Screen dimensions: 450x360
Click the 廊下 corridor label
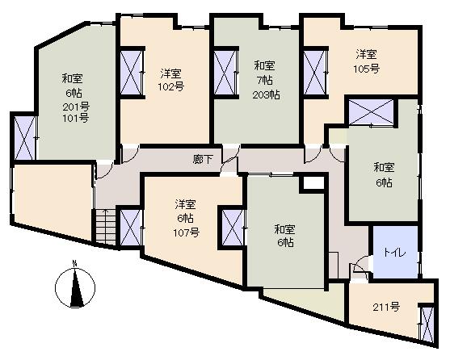pos(203,159)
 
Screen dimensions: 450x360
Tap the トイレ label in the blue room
pos(394,252)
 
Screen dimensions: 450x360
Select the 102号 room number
pos(171,86)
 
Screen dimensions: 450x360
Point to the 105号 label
pos(367,69)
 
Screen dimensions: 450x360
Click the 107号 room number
pos(187,232)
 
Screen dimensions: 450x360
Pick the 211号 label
pos(386,308)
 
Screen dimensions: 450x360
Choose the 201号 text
pos(76,107)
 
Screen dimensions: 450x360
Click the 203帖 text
pos(266,95)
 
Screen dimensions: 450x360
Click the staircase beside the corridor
pos(106,227)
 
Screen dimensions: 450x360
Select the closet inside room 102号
pos(132,73)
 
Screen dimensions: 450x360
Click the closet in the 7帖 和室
pos(225,73)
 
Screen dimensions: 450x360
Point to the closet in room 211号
pos(427,324)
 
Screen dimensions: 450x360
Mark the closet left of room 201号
pos(25,137)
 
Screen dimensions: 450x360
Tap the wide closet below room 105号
pos(371,112)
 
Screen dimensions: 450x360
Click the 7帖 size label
pos(265,81)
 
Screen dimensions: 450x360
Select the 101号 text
pos(76,118)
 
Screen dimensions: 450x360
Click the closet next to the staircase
pos(131,228)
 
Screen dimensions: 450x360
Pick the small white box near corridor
pos(313,183)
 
